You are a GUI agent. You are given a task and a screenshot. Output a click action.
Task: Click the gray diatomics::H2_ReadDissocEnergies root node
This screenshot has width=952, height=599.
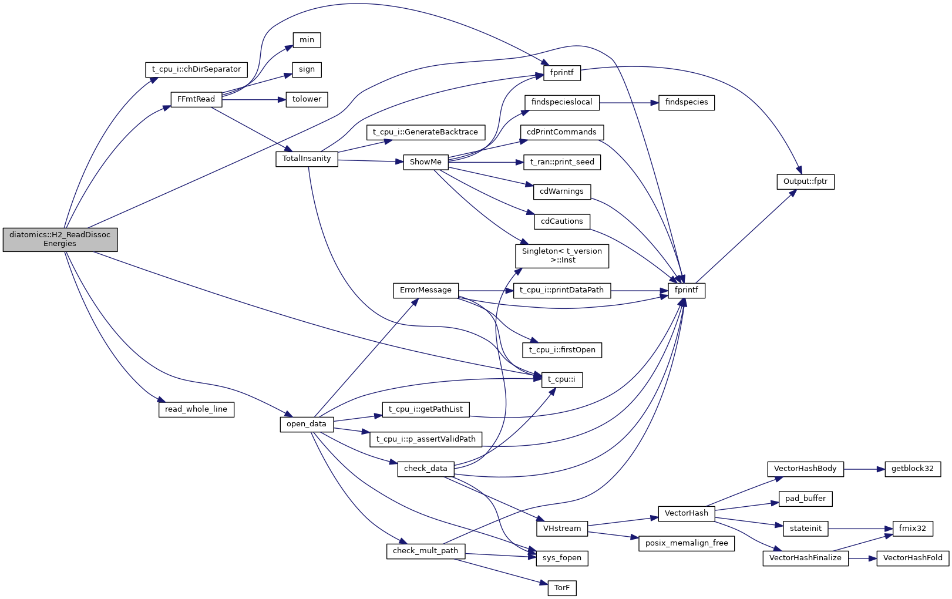[60, 239]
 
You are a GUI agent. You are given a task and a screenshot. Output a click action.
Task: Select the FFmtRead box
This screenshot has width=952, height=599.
[196, 99]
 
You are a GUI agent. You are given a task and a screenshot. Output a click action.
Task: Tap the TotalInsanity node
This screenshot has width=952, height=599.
[307, 159]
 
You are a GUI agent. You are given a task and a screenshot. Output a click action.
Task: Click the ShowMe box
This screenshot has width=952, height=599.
[426, 162]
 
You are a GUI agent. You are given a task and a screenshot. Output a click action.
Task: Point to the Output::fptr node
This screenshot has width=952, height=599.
[805, 181]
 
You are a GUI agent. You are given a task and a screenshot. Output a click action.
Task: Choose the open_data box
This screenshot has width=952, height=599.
[307, 424]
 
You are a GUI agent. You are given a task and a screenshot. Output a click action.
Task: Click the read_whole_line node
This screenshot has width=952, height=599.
[196, 409]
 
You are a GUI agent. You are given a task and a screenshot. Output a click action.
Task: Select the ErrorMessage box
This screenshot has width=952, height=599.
[426, 290]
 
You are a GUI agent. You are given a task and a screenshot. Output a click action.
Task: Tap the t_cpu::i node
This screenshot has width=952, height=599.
[561, 379]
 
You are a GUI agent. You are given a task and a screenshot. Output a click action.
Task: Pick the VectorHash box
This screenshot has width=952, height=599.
[686, 513]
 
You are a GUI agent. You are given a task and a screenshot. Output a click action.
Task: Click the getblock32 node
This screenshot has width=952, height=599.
[913, 469]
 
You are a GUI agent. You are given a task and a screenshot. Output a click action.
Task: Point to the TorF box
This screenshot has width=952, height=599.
[562, 588]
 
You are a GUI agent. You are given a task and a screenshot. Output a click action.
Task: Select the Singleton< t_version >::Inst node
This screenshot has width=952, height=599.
[562, 255]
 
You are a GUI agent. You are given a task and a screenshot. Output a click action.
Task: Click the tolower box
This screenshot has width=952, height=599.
[307, 99]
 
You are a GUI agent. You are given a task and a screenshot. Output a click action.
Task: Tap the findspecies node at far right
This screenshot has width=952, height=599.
[687, 102]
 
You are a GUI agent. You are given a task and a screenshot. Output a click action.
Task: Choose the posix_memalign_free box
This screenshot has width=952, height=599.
[687, 543]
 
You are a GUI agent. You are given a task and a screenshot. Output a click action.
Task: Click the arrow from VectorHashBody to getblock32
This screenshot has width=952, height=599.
[864, 469]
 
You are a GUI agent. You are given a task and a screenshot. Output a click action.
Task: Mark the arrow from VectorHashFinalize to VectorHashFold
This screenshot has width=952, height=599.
[863, 558]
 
